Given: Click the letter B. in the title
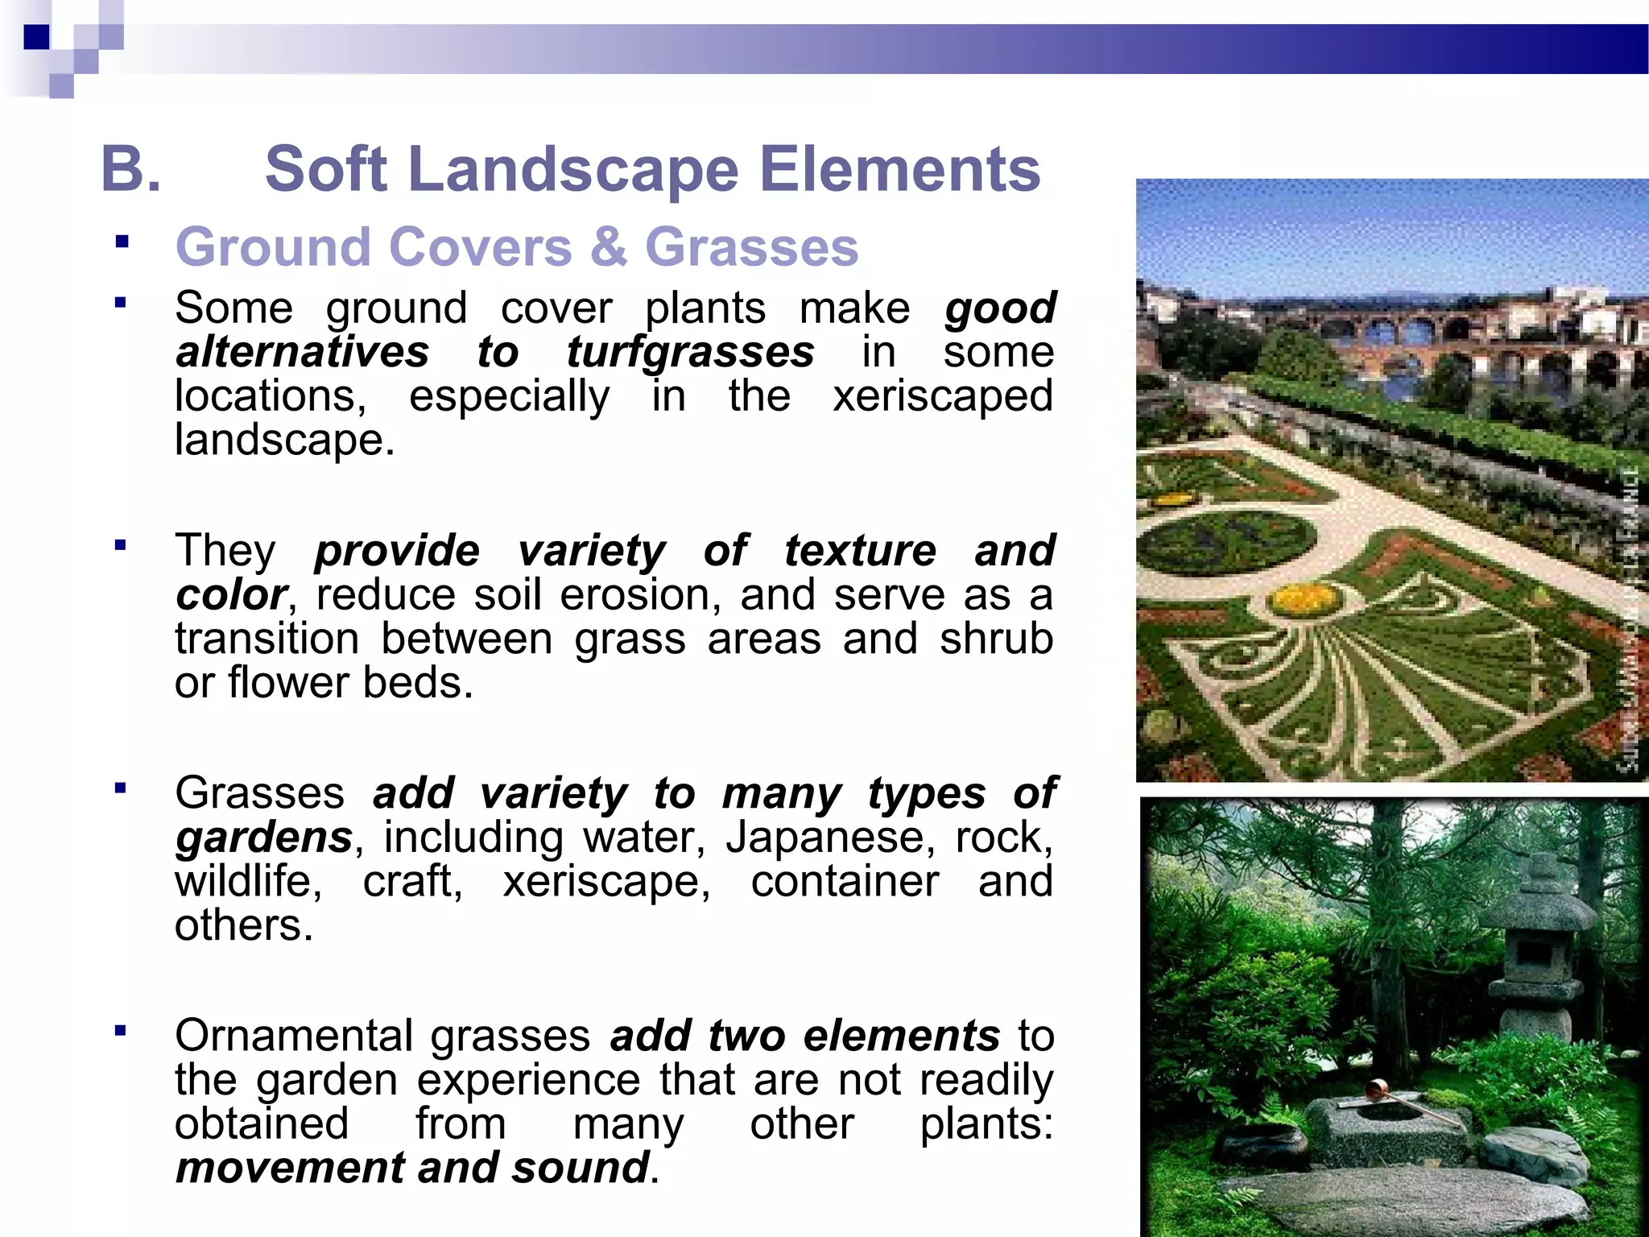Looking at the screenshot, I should tap(130, 169).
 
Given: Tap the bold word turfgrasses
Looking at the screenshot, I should tap(690, 352).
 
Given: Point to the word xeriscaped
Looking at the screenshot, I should tap(942, 396).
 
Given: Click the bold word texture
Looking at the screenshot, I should tap(860, 551).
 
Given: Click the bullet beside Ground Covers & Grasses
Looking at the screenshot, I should tap(122, 242).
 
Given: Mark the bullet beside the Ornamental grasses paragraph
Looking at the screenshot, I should tap(122, 1031).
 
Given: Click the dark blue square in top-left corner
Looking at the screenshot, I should tap(36, 37).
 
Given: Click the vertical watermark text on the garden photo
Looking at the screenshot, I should tap(1628, 620).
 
